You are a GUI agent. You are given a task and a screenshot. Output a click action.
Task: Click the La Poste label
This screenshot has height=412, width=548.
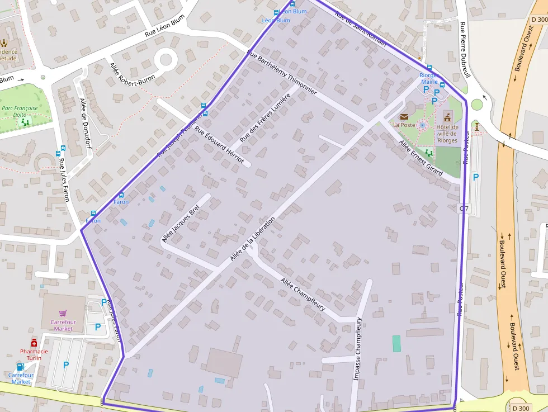tap(404, 125)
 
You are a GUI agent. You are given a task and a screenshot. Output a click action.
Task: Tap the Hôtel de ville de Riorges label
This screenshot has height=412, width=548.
tap(447, 134)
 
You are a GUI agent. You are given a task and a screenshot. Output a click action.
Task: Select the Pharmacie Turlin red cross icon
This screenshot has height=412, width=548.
tap(34, 342)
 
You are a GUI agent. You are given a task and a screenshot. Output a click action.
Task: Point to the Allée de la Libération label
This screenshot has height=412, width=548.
tap(253, 239)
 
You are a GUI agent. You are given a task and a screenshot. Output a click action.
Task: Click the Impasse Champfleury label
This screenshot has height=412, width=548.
tap(358, 349)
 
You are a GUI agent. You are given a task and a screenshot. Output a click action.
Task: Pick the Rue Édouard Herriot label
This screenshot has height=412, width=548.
tap(219, 144)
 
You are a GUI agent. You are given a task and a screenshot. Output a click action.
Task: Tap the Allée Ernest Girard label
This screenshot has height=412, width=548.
tap(421, 158)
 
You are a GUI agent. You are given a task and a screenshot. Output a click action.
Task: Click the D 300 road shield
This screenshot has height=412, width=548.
tap(520, 408)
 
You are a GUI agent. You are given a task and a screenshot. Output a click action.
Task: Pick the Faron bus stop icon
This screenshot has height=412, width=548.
tap(121, 195)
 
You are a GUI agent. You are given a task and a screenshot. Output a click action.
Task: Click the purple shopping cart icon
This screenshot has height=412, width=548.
tap(63, 313)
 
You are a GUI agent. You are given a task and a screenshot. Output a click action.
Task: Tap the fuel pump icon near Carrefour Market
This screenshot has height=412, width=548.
tap(21, 367)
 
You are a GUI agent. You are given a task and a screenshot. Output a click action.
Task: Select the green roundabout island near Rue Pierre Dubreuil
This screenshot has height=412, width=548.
tap(476, 105)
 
